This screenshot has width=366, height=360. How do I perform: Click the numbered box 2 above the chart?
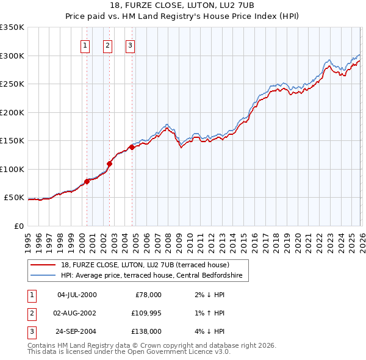tap(107, 45)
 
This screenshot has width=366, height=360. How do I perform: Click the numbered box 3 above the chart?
tap(131, 45)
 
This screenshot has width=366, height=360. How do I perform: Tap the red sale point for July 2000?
tap(87, 181)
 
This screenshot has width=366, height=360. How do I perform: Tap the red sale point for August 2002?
tap(109, 164)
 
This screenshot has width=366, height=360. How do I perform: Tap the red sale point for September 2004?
tap(132, 147)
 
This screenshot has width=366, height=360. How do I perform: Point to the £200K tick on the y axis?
tap(12, 112)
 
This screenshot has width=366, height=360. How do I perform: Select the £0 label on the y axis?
tap(18, 226)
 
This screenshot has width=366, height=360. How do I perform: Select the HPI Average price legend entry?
tap(151, 276)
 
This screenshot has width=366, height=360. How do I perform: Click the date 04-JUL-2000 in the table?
tap(76, 295)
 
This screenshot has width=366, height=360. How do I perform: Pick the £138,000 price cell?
tap(146, 332)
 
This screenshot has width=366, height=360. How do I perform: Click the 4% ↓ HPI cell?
tap(207, 332)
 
